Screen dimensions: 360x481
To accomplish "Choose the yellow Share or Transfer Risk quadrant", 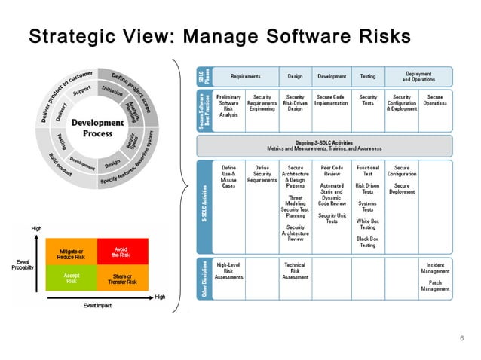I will pyautogui.click(x=120, y=279).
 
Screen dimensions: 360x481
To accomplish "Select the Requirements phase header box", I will pyautogui.click(x=246, y=77).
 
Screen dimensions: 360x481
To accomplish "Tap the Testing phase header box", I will pyautogui.click(x=367, y=77).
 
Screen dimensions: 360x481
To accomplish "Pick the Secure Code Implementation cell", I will pyautogui.click(x=332, y=100).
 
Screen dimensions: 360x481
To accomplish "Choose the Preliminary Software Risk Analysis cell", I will pyautogui.click(x=228, y=105).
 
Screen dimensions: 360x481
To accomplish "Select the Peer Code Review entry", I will pyautogui.click(x=332, y=171).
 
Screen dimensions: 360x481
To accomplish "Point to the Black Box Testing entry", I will pyautogui.click(x=367, y=241).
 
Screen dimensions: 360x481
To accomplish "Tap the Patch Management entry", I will pyautogui.click(x=435, y=285).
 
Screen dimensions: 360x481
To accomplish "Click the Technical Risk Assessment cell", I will pyautogui.click(x=295, y=270).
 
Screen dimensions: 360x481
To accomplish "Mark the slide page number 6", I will pyautogui.click(x=461, y=338).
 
